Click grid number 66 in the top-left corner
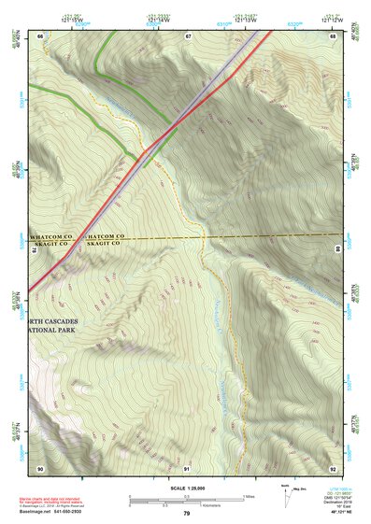pyautogui.click(x=40, y=35)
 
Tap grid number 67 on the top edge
pyautogui.click(x=188, y=35)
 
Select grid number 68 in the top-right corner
pyautogui.click(x=334, y=35)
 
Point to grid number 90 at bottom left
pyautogui.click(x=40, y=467)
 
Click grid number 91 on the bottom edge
pyautogui.click(x=187, y=467)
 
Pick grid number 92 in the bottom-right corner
pyautogui.click(x=334, y=467)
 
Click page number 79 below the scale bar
pyautogui.click(x=186, y=514)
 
